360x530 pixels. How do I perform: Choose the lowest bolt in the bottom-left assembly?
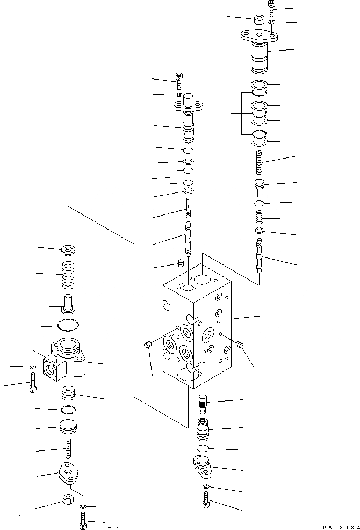(83, 520)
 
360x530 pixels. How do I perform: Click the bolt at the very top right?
(272, 8)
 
